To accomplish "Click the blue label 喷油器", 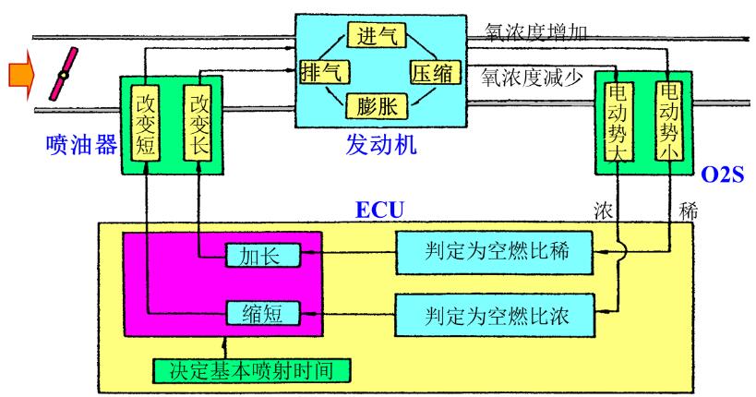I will [81, 144].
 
